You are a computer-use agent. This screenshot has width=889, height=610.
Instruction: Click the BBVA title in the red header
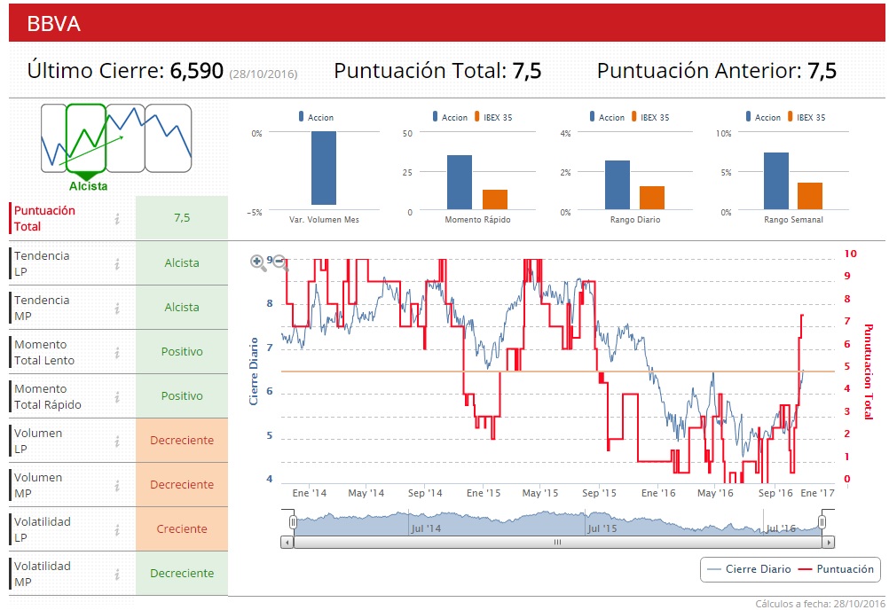[x=53, y=24]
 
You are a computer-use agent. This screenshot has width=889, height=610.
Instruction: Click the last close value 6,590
[x=196, y=71]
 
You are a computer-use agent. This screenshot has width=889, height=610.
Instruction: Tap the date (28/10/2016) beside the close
[x=264, y=74]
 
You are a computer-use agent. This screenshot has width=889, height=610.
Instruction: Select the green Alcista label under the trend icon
[x=88, y=186]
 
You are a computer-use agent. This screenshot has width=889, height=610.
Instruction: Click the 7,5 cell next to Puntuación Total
[x=182, y=217]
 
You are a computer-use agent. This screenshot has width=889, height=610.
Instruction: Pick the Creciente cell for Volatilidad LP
[x=182, y=528]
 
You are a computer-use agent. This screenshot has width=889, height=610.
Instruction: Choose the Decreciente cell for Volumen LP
[x=182, y=440]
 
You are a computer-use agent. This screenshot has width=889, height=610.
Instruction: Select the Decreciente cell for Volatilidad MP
[x=182, y=573]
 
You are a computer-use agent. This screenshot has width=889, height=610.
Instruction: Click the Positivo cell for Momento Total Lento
[x=182, y=351]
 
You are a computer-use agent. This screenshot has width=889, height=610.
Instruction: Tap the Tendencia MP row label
[x=42, y=307]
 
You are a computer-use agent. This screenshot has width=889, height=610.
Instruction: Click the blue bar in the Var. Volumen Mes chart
[x=323, y=168]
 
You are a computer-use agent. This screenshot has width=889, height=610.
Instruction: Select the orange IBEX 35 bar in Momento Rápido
[x=495, y=199]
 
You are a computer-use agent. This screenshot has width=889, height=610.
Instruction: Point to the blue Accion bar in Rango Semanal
[x=775, y=181]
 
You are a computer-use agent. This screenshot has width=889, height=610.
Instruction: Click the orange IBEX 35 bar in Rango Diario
[x=652, y=198]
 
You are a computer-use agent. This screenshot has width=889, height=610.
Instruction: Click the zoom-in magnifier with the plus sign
[x=258, y=262]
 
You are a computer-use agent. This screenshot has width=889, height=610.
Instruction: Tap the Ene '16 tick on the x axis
[x=657, y=493]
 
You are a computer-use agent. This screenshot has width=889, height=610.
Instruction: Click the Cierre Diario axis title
[x=254, y=371]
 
